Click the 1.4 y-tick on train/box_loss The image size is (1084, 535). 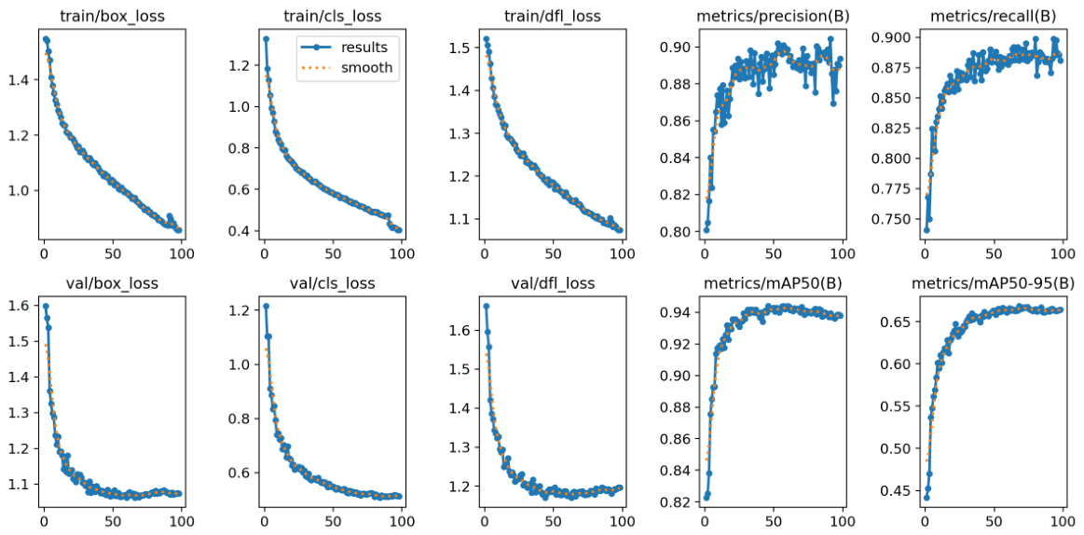coord(18,80)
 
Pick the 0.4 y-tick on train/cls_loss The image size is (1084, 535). coord(239,231)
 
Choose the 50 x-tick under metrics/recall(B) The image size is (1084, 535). coord(994,254)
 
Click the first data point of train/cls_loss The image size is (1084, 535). coord(267,39)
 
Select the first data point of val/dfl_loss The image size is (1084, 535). coord(486,306)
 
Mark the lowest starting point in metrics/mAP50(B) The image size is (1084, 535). coord(707,498)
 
